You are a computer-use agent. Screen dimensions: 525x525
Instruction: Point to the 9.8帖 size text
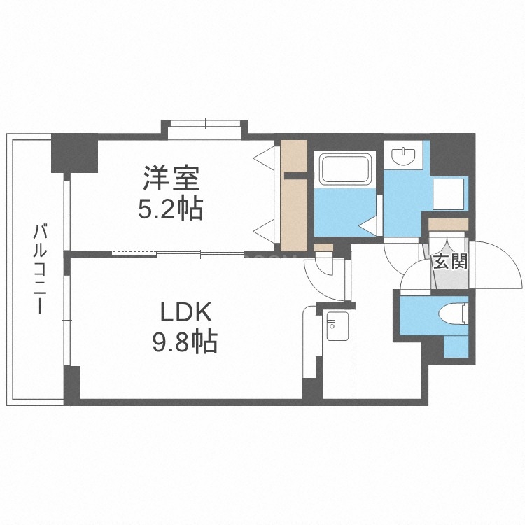click(184, 343)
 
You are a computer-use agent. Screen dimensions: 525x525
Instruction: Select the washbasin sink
click(405, 156)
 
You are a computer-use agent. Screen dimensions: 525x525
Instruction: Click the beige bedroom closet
click(294, 196)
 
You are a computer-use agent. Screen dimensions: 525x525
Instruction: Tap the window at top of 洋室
click(205, 126)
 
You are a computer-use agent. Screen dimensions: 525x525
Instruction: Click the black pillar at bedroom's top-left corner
click(75, 153)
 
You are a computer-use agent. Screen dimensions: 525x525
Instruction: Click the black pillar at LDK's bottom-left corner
click(72, 383)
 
